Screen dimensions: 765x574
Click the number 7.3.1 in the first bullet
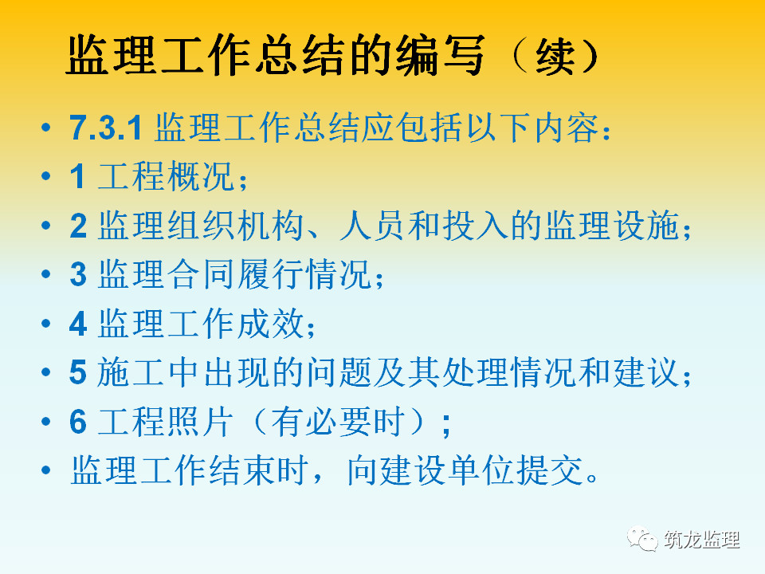point(105,128)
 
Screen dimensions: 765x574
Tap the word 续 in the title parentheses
point(555,56)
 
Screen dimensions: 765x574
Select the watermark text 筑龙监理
point(701,540)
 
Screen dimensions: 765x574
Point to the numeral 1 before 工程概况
point(78,176)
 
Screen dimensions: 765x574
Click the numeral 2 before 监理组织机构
point(78,226)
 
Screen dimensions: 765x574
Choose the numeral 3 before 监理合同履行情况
point(78,274)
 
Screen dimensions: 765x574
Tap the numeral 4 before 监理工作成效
point(78,324)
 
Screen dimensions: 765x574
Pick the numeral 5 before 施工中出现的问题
point(78,373)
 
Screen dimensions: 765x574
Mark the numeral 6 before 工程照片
point(78,422)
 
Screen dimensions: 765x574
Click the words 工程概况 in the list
point(167,176)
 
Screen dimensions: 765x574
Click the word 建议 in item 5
point(646,373)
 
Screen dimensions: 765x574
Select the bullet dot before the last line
point(46,470)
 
